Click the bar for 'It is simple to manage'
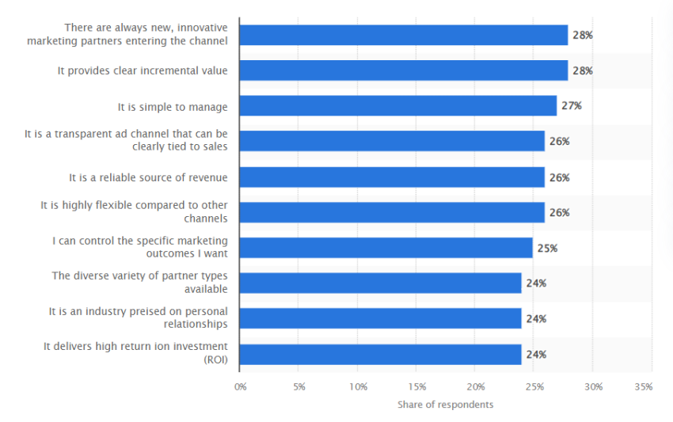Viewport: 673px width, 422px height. [397, 106]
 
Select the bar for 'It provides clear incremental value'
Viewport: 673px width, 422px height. [403, 70]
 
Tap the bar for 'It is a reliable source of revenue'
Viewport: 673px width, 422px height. [392, 177]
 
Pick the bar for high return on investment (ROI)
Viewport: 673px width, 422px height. [380, 354]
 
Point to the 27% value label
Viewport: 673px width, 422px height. [571, 106]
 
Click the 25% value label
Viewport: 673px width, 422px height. [547, 248]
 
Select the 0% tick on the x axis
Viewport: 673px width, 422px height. [240, 387]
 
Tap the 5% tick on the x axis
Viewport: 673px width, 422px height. [299, 387]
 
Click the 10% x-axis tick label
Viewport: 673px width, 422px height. [358, 387]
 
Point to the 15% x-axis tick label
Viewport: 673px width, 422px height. [417, 387]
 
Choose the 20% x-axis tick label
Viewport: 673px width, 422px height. [476, 387]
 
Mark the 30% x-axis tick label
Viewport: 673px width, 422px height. [594, 387]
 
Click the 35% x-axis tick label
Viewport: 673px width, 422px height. [644, 387]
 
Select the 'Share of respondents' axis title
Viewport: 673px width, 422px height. [445, 405]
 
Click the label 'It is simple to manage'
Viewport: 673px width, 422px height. [173, 106]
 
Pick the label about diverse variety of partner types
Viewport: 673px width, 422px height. [140, 283]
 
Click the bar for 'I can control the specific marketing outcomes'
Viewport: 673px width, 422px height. [386, 248]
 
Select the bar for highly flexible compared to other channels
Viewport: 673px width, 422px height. [392, 212]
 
